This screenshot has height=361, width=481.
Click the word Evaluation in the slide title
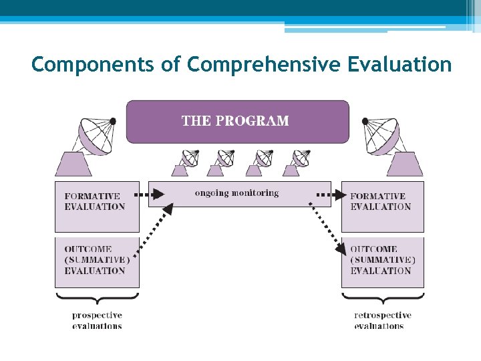click(x=399, y=65)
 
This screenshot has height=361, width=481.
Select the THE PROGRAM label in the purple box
click(x=236, y=121)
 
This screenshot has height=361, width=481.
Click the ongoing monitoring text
click(x=236, y=193)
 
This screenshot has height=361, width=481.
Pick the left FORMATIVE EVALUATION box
click(x=97, y=205)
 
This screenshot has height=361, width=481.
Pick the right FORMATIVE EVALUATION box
click(x=382, y=205)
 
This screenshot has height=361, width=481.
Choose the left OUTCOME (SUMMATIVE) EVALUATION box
click(x=97, y=261)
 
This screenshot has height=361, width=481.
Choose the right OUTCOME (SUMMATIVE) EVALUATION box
click(x=382, y=261)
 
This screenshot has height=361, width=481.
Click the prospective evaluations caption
click(x=97, y=320)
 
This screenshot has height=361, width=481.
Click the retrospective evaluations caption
click(x=382, y=320)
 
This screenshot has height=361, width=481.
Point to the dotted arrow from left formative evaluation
click(x=150, y=195)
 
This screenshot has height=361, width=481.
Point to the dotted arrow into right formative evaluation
click(x=331, y=195)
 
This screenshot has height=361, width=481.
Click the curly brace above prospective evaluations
click(x=97, y=296)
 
